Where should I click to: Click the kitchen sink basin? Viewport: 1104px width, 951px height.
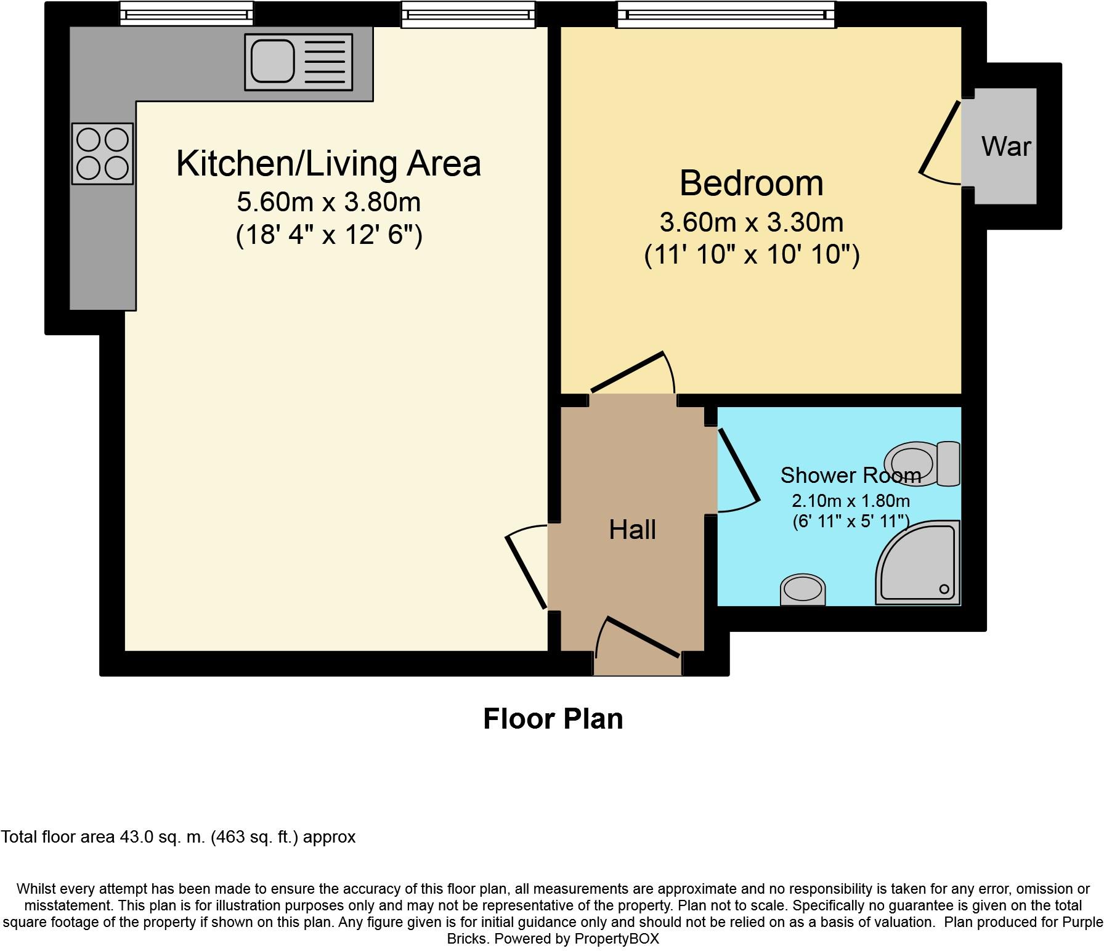coord(272,60)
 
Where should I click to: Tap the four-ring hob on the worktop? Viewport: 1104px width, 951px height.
coord(102,153)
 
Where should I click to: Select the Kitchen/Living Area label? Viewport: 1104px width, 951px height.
coord(328,164)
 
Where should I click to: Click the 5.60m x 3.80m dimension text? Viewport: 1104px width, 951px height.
coord(328,202)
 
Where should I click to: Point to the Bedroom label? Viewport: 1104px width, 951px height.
coord(751,183)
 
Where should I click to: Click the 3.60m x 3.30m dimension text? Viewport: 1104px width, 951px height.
coord(751,222)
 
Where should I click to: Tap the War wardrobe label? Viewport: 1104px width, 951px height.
coord(1005,147)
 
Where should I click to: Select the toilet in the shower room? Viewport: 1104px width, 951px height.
coord(922,463)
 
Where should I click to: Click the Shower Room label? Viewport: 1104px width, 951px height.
coord(850,475)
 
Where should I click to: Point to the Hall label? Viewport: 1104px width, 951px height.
coord(632,530)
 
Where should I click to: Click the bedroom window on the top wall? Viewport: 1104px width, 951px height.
coord(726,14)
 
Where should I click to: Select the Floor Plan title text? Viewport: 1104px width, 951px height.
coord(553,719)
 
